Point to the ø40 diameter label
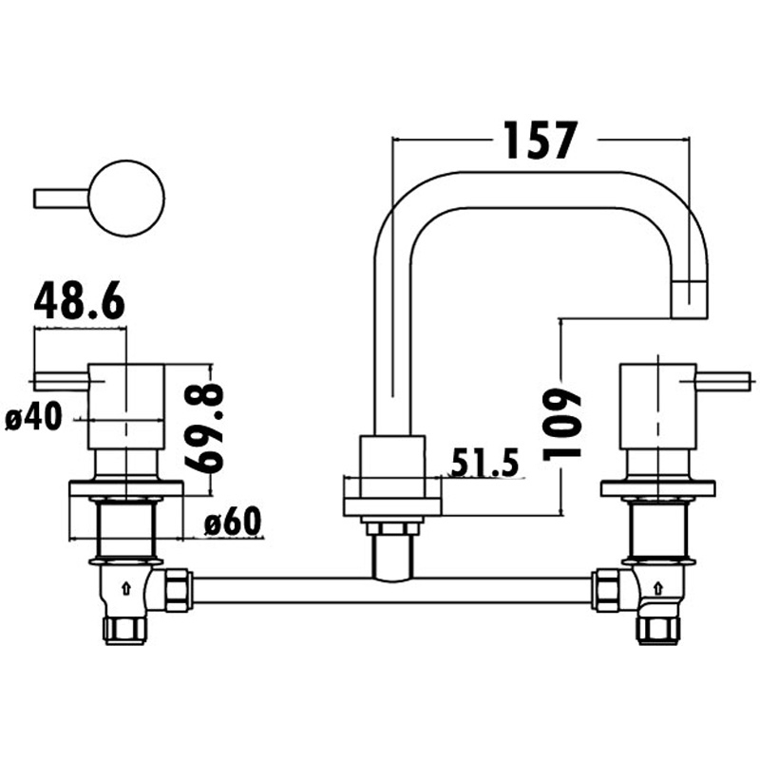click(x=33, y=417)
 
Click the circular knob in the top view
click(x=126, y=199)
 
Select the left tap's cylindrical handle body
click(x=123, y=406)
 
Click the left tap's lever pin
click(x=60, y=382)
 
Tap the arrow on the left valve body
click(x=125, y=589)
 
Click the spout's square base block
click(x=391, y=465)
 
